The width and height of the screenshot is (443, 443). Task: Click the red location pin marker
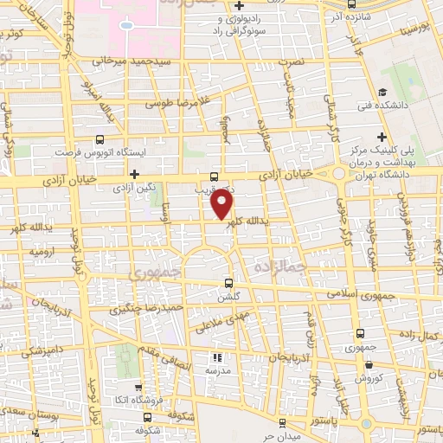tap(223, 204)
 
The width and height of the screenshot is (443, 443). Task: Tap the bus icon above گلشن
tap(228, 282)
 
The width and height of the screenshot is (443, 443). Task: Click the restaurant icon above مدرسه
tap(218, 356)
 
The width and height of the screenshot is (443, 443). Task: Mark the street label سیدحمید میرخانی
tap(107, 62)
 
